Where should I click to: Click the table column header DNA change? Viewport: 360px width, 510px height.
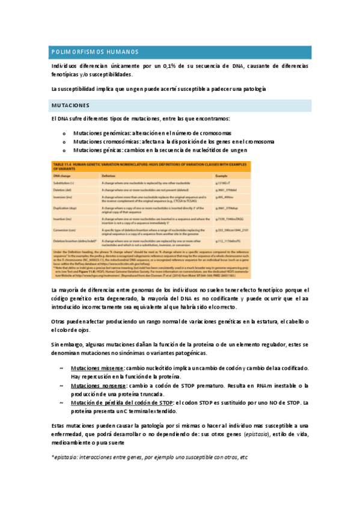(x=61, y=175)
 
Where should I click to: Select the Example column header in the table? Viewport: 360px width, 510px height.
(x=222, y=175)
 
